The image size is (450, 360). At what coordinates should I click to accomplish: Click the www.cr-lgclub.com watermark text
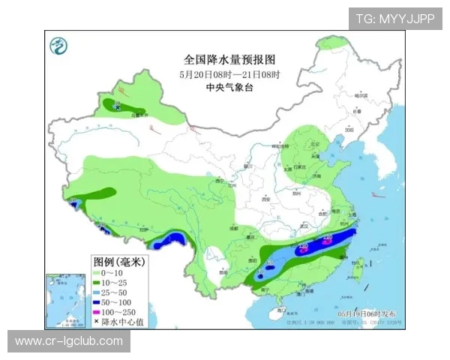click(69, 341)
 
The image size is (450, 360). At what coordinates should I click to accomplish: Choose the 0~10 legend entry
click(116, 272)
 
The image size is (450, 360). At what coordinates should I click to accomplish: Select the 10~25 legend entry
click(118, 283)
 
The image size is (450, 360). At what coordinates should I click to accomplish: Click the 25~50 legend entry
click(118, 292)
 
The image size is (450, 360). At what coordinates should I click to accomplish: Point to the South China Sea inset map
click(67, 299)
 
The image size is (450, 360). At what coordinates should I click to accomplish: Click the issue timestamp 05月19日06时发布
click(370, 312)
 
